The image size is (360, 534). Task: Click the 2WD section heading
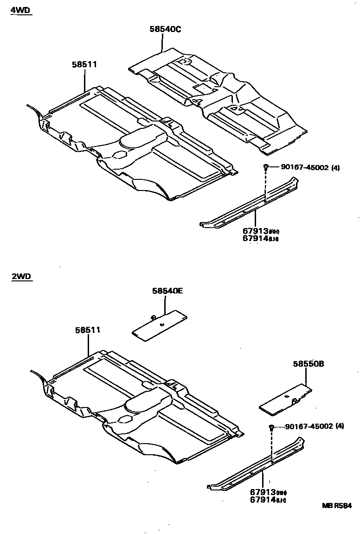coord(20,277)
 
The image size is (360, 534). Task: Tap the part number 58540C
coord(165,29)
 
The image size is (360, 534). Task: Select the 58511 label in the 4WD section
coord(84,64)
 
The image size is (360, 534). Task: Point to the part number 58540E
coord(167,291)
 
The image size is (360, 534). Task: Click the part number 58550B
coord(308,364)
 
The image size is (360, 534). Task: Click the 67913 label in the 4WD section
coord(256,231)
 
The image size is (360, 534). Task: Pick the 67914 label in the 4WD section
coord(256,238)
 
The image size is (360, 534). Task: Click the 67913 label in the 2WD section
coord(263,492)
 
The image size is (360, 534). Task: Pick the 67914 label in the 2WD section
coord(263,499)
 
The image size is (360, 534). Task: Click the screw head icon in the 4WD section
coord(266,167)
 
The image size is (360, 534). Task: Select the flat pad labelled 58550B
coord(284,398)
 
